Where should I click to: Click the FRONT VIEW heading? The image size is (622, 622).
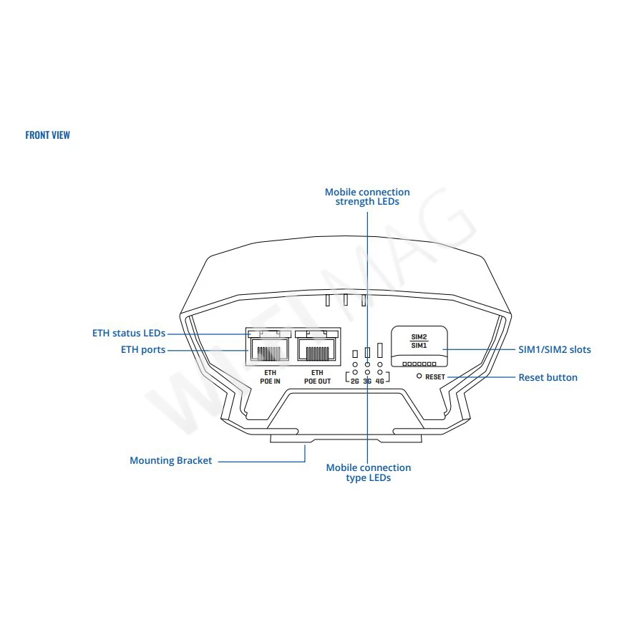pyautogui.click(x=48, y=135)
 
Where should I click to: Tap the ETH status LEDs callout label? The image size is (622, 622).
pyautogui.click(x=129, y=334)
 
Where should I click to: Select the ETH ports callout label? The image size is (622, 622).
pyautogui.click(x=143, y=350)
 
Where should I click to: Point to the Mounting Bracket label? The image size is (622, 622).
pyautogui.click(x=171, y=460)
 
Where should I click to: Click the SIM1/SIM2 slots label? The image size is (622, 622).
pyautogui.click(x=555, y=349)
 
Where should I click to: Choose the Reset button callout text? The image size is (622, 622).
pyautogui.click(x=548, y=377)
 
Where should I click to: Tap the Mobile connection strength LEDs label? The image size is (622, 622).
pyautogui.click(x=367, y=197)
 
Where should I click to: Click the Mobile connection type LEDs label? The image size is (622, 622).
pyautogui.click(x=369, y=472)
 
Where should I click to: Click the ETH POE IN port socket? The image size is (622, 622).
pyautogui.click(x=269, y=349)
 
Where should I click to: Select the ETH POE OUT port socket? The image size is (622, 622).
pyautogui.click(x=316, y=349)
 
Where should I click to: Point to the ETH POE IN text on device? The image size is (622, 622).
pyautogui.click(x=270, y=376)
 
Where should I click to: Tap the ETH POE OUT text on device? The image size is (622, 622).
pyautogui.click(x=317, y=376)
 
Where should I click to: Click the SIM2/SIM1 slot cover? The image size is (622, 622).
pyautogui.click(x=419, y=346)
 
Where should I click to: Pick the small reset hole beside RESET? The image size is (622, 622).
pyautogui.click(x=419, y=376)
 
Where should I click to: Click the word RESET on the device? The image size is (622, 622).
pyautogui.click(x=435, y=376)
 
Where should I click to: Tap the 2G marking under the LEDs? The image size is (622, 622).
pyautogui.click(x=354, y=382)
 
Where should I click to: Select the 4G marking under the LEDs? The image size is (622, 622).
pyautogui.click(x=379, y=382)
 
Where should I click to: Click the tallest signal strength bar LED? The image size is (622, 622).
pyautogui.click(x=379, y=350)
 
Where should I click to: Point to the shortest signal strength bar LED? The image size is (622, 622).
pyautogui.click(x=355, y=354)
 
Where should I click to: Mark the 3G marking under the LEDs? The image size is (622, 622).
pyautogui.click(x=367, y=382)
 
